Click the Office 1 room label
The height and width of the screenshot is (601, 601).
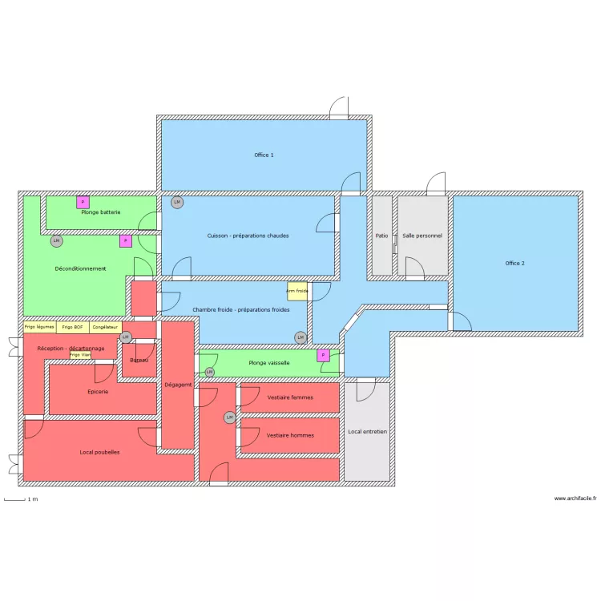(264, 155)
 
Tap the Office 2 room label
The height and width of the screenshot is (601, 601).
(514, 263)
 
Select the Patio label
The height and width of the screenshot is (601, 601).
(381, 236)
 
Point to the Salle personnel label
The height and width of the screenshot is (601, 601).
(422, 236)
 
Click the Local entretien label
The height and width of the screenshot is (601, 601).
(367, 431)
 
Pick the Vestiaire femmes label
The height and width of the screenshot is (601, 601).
(290, 397)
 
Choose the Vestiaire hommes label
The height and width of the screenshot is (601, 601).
(290, 435)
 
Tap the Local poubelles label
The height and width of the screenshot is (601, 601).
(99, 452)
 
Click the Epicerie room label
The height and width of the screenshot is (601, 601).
(98, 391)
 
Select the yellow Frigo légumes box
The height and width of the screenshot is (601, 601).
(39, 327)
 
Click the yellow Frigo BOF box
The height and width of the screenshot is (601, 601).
(72, 327)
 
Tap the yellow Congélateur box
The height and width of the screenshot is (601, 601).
(105, 327)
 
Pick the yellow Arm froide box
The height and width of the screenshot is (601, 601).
(297, 291)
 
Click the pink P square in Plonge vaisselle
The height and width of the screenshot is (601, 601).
(324, 355)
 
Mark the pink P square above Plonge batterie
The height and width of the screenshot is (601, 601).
(83, 202)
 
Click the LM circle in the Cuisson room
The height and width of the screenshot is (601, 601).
(177, 202)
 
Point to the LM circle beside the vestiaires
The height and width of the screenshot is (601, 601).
(229, 417)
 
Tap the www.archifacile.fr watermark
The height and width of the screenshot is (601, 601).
(575, 498)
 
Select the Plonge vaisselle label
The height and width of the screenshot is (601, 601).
(268, 363)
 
